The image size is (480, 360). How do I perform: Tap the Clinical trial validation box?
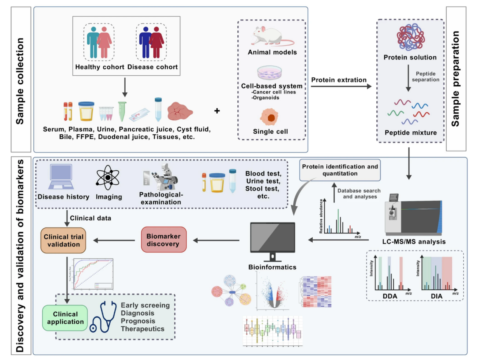pyautogui.click(x=64, y=240)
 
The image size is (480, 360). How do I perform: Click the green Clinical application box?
pyautogui.click(x=65, y=318)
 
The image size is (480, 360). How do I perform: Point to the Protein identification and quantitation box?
pyautogui.click(x=340, y=170)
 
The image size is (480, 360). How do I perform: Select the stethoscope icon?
pyautogui.click(x=103, y=317)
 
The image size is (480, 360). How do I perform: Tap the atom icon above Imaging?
pyautogui.click(x=108, y=178)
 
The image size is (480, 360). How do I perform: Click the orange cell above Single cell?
pyautogui.click(x=271, y=118)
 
